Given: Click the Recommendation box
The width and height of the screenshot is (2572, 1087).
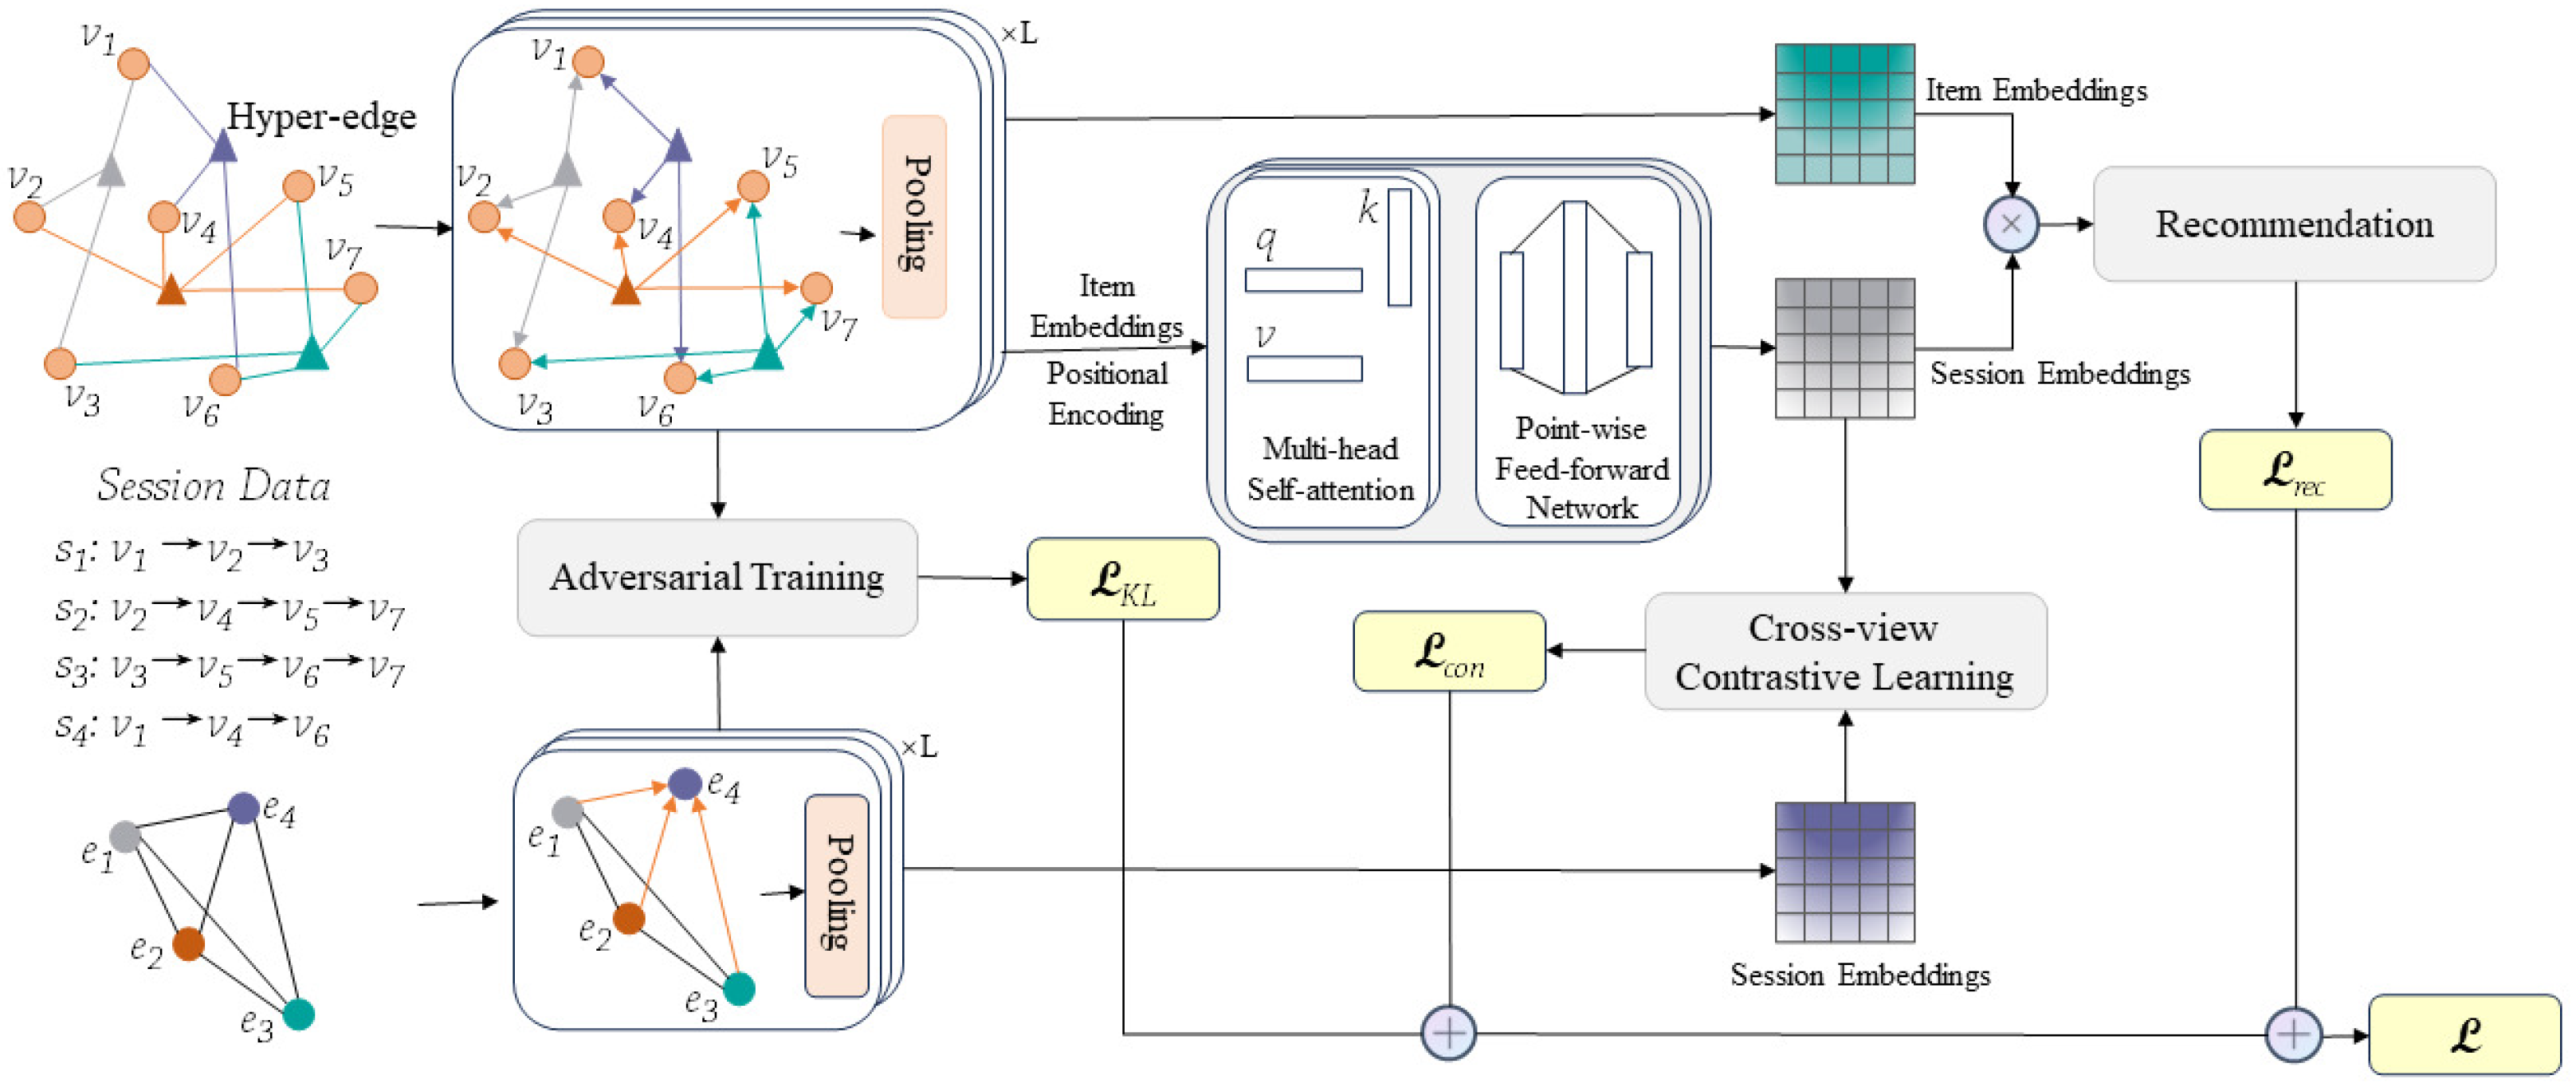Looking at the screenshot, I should pyautogui.click(x=2293, y=224).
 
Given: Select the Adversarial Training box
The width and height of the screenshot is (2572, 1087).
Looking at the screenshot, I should pyautogui.click(x=717, y=577).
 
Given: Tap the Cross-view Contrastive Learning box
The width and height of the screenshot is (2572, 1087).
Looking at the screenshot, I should pyautogui.click(x=1845, y=651).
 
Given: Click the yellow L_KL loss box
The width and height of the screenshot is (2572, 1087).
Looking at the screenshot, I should pyautogui.click(x=1122, y=579).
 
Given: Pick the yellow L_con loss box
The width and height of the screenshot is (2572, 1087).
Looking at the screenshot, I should pyautogui.click(x=1449, y=651).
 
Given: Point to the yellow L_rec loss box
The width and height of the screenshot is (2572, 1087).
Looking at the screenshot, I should pyautogui.click(x=2295, y=470).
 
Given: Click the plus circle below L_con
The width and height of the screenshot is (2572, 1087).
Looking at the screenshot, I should pyautogui.click(x=1449, y=1032).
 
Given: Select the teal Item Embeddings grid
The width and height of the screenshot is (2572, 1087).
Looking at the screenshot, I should pyautogui.click(x=1844, y=114).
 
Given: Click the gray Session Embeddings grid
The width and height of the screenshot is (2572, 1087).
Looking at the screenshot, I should pyautogui.click(x=1844, y=347).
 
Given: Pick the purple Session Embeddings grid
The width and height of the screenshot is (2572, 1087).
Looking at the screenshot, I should pyautogui.click(x=1844, y=871).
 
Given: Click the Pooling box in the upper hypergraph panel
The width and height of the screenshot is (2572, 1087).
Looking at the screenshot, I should pyautogui.click(x=913, y=216).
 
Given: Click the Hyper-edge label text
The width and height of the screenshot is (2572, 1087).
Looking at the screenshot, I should pyautogui.click(x=320, y=117).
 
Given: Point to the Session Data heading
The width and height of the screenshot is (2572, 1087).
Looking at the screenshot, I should pyautogui.click(x=213, y=485).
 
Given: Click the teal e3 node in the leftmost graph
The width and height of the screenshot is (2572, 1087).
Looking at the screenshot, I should pyautogui.click(x=299, y=1014).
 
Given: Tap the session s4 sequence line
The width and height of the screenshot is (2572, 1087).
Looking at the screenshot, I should pyautogui.click(x=192, y=728).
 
